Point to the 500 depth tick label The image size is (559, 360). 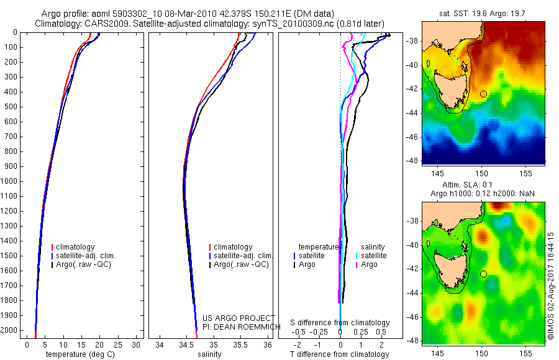pyautogui.click(x=11, y=107)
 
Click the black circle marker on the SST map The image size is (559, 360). pyautogui.click(x=483, y=94)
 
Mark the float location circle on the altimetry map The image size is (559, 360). pyautogui.click(x=483, y=274)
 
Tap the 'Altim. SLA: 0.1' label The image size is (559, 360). pyautogui.click(x=484, y=186)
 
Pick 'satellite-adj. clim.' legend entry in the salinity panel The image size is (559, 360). pyautogui.click(x=243, y=256)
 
